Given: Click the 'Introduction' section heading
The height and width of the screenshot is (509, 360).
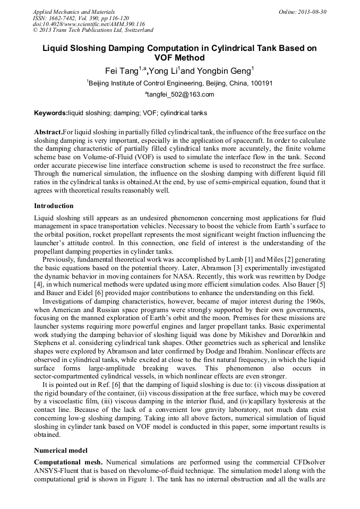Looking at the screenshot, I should (x=54, y=206).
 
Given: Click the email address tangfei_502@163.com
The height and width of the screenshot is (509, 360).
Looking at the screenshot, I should (x=179, y=95).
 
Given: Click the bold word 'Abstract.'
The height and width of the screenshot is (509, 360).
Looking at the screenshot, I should (x=48, y=132).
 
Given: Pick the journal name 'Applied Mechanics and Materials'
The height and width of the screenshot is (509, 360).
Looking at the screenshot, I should (x=73, y=12).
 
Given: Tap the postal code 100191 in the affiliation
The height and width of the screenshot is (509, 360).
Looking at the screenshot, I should (x=261, y=83).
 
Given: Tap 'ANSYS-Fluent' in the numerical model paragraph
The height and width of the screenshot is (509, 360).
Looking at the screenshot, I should (x=57, y=470).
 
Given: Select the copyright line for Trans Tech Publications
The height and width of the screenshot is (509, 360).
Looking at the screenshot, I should (x=93, y=30).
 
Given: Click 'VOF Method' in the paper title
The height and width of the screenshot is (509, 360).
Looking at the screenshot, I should (x=179, y=57).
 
